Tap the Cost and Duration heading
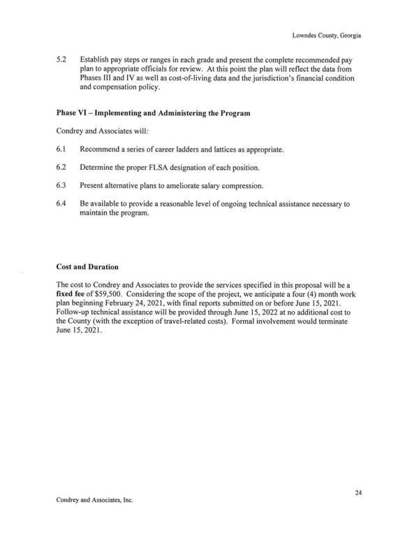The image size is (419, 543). pyautogui.click(x=87, y=266)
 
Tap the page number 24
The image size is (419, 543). pyautogui.click(x=358, y=493)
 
